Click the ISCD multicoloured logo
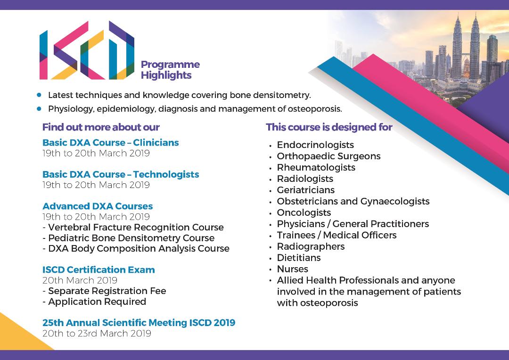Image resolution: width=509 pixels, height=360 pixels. pyautogui.click(x=87, y=50)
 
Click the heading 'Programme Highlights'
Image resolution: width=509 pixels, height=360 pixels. pyautogui.click(x=170, y=70)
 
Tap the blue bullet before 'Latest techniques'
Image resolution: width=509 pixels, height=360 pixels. pyautogui.click(x=39, y=95)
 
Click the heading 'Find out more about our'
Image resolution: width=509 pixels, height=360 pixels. pyautogui.click(x=101, y=127)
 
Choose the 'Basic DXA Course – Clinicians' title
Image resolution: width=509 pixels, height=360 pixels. pyautogui.click(x=111, y=142)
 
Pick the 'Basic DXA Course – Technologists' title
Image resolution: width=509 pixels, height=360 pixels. pyautogui.click(x=121, y=174)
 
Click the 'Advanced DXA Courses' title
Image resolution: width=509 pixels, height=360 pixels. pyautogui.click(x=98, y=206)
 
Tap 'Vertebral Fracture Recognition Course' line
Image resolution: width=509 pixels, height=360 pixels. pyautogui.click(x=133, y=227)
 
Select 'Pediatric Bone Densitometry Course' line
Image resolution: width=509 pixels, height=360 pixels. pyautogui.click(x=129, y=238)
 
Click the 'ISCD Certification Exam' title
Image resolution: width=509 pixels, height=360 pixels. pyautogui.click(x=99, y=270)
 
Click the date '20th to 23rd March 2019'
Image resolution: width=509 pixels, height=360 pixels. pyautogui.click(x=97, y=334)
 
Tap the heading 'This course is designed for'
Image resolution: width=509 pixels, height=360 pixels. pyautogui.click(x=329, y=127)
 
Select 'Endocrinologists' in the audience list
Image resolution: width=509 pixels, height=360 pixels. pyautogui.click(x=315, y=145)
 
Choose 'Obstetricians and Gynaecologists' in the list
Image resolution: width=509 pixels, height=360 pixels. pyautogui.click(x=353, y=202)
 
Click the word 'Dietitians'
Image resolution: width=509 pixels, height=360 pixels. pyautogui.click(x=299, y=258)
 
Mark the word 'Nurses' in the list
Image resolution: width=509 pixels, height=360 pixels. pyautogui.click(x=293, y=269)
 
